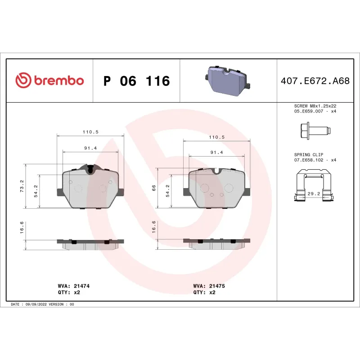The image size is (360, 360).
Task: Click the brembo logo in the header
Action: (x=49, y=81)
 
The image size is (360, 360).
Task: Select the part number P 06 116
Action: (x=136, y=81)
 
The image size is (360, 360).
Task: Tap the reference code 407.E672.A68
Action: (x=315, y=81)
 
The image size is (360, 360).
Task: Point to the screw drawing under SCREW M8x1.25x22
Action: (x=315, y=131)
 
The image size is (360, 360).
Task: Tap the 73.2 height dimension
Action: (x=22, y=186)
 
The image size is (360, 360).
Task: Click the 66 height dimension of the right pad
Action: (x=154, y=188)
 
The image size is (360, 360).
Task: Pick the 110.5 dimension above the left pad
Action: (x=90, y=132)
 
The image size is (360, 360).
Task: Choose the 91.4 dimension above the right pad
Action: (x=217, y=153)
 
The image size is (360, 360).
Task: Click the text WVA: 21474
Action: (x=71, y=286)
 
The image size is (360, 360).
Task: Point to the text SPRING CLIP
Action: (x=308, y=154)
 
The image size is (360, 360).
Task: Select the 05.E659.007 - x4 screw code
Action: (x=315, y=111)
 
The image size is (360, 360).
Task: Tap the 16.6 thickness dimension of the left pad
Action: (x=22, y=229)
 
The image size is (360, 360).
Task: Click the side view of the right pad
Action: (x=217, y=243)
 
